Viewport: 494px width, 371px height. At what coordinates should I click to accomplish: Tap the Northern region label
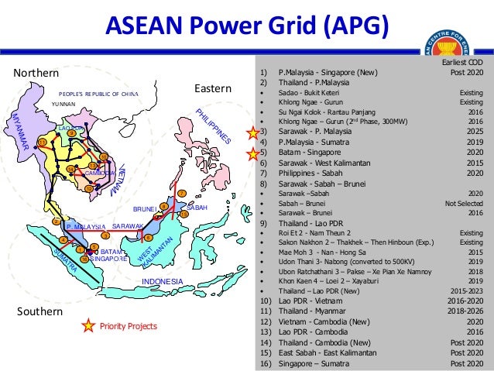(37, 73)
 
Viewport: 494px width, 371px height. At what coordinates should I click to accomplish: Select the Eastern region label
(212, 90)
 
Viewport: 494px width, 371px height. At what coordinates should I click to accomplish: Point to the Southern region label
(39, 311)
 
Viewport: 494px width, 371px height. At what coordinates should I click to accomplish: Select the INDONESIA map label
(162, 281)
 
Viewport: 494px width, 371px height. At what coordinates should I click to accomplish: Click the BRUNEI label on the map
(145, 209)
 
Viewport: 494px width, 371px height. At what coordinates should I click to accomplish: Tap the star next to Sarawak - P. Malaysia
(251, 132)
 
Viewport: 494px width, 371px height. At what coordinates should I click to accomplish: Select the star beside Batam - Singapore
(251, 153)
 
